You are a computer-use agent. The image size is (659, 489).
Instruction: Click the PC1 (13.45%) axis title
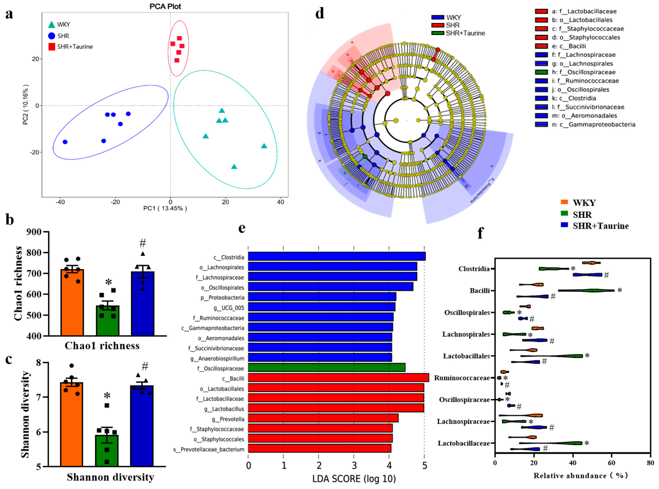[165, 208]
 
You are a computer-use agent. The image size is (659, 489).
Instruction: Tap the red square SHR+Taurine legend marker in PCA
[52, 47]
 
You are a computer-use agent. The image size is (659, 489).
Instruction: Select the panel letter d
[320, 14]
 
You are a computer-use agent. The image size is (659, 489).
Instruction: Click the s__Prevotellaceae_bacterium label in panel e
[209, 449]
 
